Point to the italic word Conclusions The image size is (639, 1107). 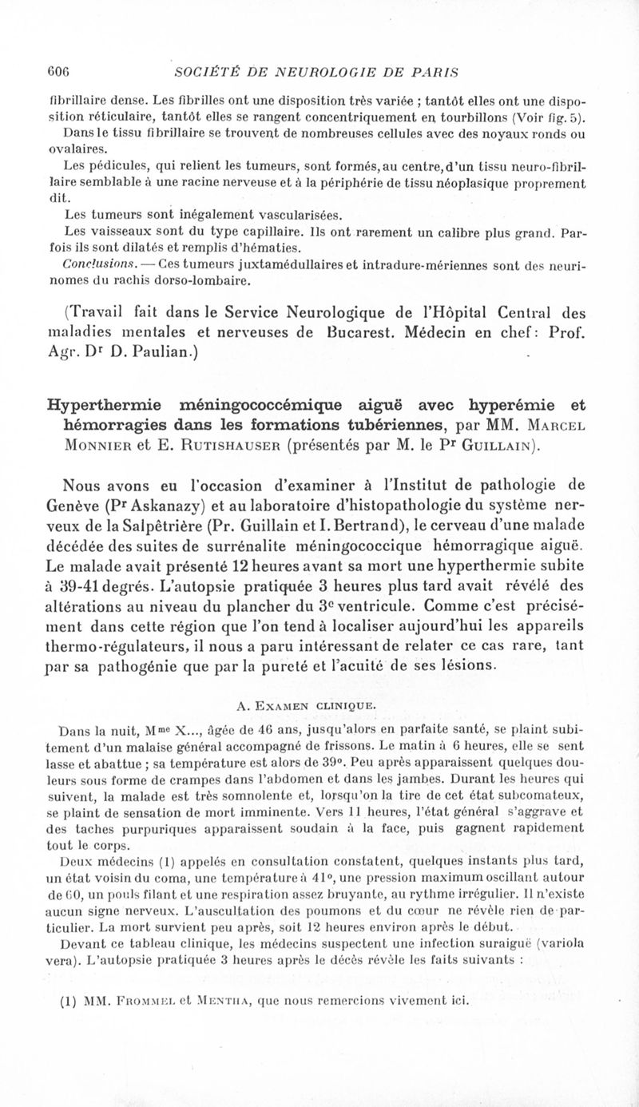click(x=96, y=263)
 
